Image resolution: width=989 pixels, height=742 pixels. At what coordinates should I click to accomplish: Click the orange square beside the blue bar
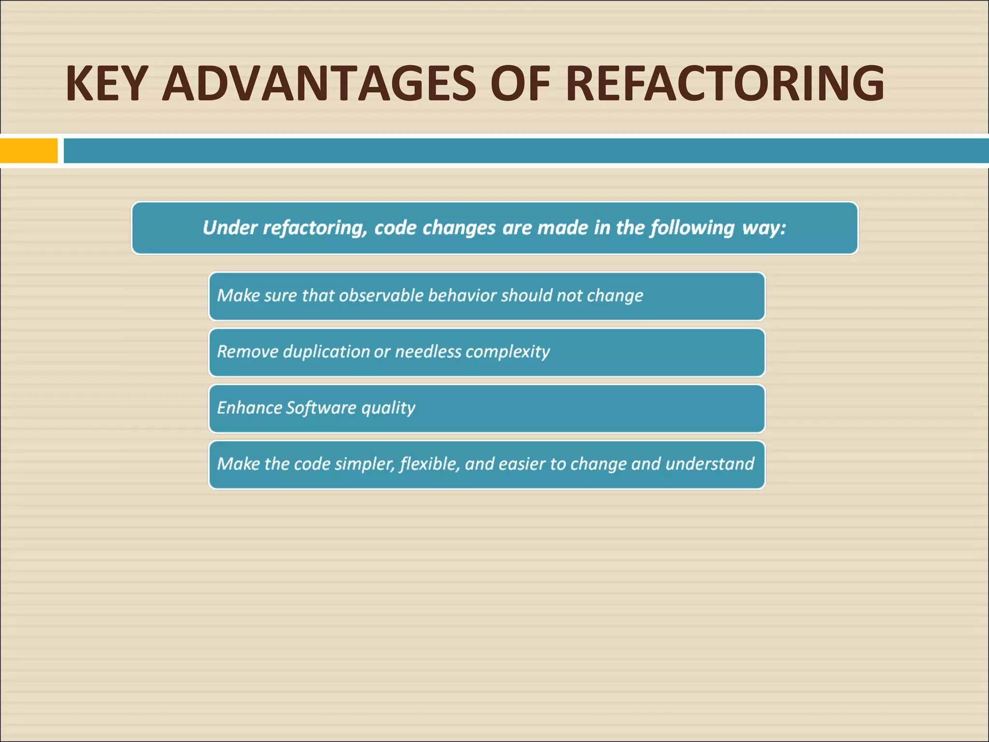[29, 151]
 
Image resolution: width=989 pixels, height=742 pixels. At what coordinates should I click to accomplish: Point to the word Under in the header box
[230, 228]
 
